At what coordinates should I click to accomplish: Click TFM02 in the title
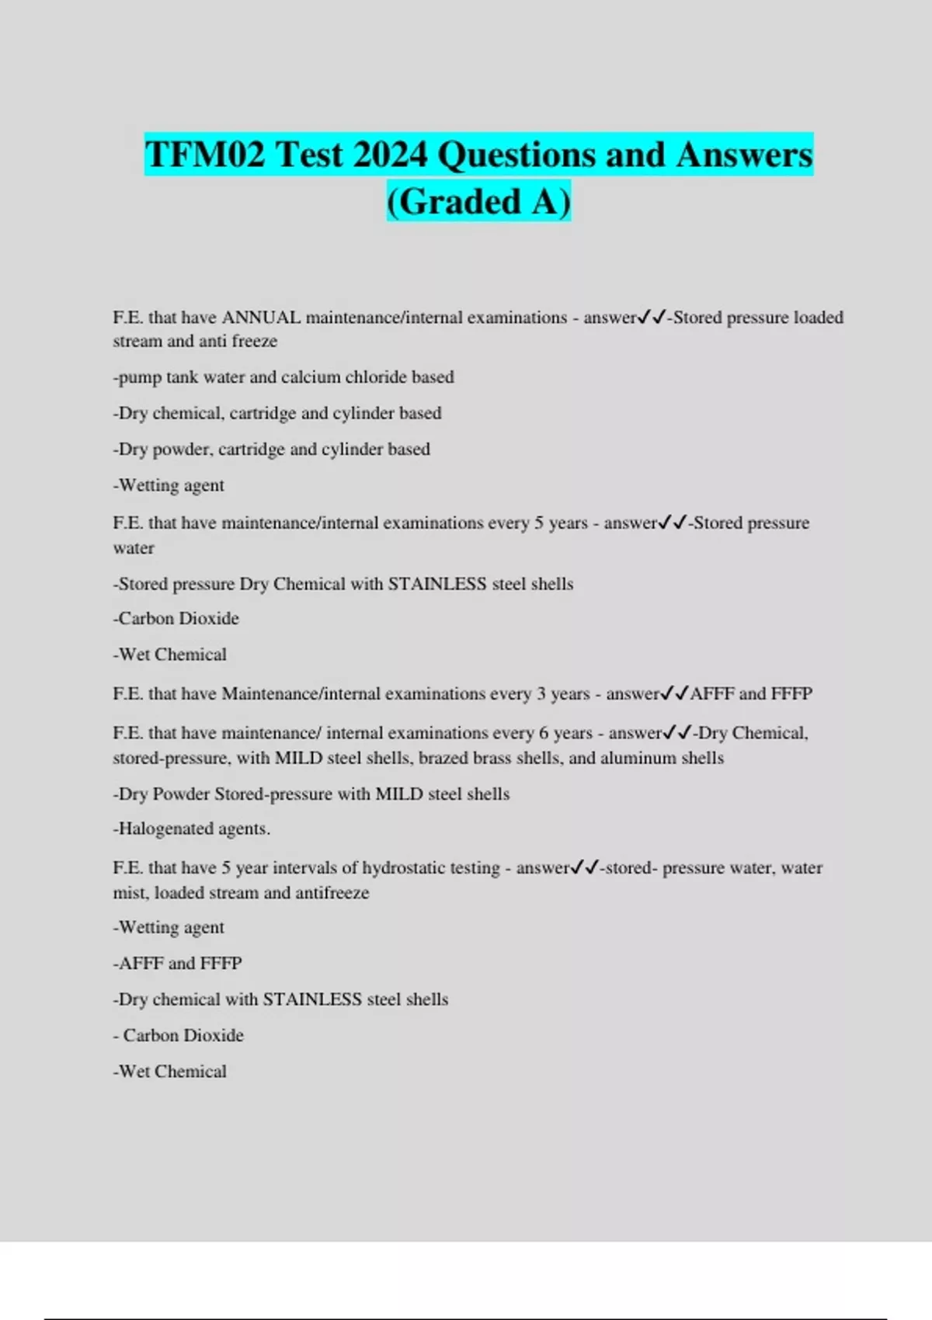point(205,155)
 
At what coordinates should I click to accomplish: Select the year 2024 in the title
point(390,155)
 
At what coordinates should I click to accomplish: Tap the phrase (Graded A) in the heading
point(478,202)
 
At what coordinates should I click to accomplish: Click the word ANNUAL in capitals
point(261,318)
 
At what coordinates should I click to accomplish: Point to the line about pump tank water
point(283,377)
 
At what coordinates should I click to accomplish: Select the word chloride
point(376,377)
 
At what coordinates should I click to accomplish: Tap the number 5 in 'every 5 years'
point(539,523)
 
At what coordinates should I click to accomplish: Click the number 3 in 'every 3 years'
point(541,694)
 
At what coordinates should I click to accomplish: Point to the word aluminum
point(638,758)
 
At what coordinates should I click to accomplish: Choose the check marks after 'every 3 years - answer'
point(674,694)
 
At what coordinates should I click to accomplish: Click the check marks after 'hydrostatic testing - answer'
point(584,868)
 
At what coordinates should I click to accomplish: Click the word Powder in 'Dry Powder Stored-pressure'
point(181,794)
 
